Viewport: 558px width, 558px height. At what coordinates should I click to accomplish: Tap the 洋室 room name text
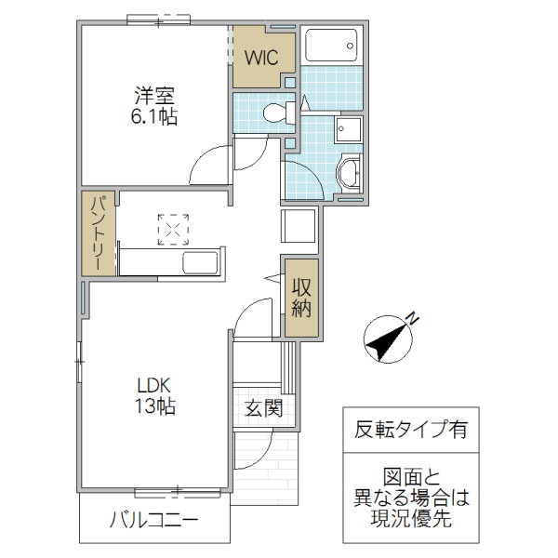(x=154, y=96)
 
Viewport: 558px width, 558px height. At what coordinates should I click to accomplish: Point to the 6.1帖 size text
(x=154, y=117)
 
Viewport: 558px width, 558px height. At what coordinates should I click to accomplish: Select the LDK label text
(x=154, y=385)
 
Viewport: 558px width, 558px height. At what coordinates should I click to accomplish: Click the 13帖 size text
(x=154, y=406)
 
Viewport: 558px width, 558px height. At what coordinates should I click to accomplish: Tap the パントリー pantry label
(x=98, y=232)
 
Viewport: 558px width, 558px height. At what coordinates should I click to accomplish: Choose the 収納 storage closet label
(x=300, y=298)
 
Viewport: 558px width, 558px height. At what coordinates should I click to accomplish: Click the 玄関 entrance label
(x=264, y=407)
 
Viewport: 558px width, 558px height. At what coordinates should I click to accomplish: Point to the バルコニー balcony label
(x=153, y=519)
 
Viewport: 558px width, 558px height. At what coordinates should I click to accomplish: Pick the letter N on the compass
(x=413, y=319)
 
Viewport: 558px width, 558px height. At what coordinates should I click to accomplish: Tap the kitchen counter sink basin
(x=201, y=262)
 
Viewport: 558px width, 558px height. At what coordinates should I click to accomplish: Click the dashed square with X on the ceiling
(x=173, y=229)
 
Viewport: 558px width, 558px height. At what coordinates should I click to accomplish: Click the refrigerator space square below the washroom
(x=299, y=227)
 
